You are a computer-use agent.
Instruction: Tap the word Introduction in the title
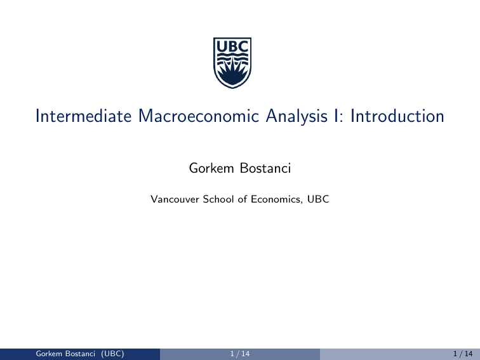pos(390,116)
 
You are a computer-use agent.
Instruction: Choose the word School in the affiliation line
pos(217,199)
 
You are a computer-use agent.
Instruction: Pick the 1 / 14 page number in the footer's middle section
pos(239,354)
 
